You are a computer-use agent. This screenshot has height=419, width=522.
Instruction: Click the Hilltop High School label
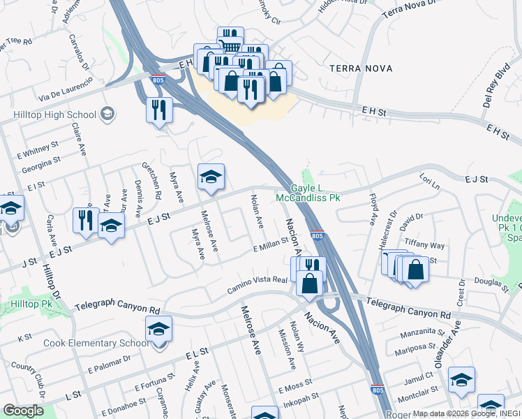(x=54, y=115)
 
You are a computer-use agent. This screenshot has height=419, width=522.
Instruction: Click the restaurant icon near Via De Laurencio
(x=159, y=110)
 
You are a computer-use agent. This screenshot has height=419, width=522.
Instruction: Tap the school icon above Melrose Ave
(x=211, y=177)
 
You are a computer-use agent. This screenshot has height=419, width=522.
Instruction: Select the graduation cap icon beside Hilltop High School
(x=107, y=113)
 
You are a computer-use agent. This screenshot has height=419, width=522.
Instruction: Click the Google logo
(x=24, y=411)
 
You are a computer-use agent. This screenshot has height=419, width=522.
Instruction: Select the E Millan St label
(x=271, y=244)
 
